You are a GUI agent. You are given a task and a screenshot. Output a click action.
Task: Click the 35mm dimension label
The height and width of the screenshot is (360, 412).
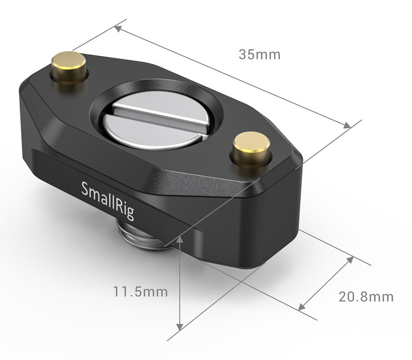coord(260,54)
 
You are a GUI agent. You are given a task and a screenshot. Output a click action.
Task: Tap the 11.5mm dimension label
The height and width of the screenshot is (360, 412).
coord(140,292)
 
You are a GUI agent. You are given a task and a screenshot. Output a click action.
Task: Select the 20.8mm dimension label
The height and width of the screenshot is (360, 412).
coord(366,297)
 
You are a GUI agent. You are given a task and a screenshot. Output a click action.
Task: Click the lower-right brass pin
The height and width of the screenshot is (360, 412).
coord(252,149)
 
